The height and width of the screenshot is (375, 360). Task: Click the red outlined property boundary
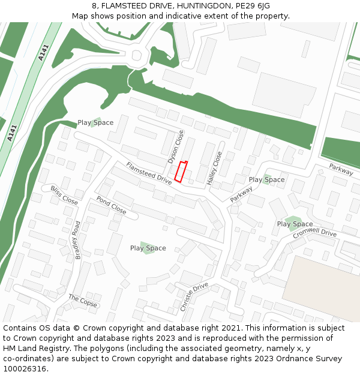(181, 171)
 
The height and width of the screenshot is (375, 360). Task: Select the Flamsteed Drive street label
(149, 173)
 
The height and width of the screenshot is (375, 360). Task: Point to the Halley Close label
(214, 167)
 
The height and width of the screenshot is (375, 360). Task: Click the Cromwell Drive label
(315, 234)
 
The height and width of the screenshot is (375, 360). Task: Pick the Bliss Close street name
(64, 196)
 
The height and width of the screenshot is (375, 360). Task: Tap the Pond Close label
(111, 206)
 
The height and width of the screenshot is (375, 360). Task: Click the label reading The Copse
(82, 301)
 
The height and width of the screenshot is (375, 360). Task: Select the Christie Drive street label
(194, 296)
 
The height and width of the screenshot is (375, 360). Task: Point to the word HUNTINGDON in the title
(195, 5)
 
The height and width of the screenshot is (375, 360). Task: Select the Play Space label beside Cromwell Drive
(295, 224)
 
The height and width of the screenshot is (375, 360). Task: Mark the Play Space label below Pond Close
(148, 248)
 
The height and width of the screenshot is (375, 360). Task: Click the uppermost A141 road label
(42, 52)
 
